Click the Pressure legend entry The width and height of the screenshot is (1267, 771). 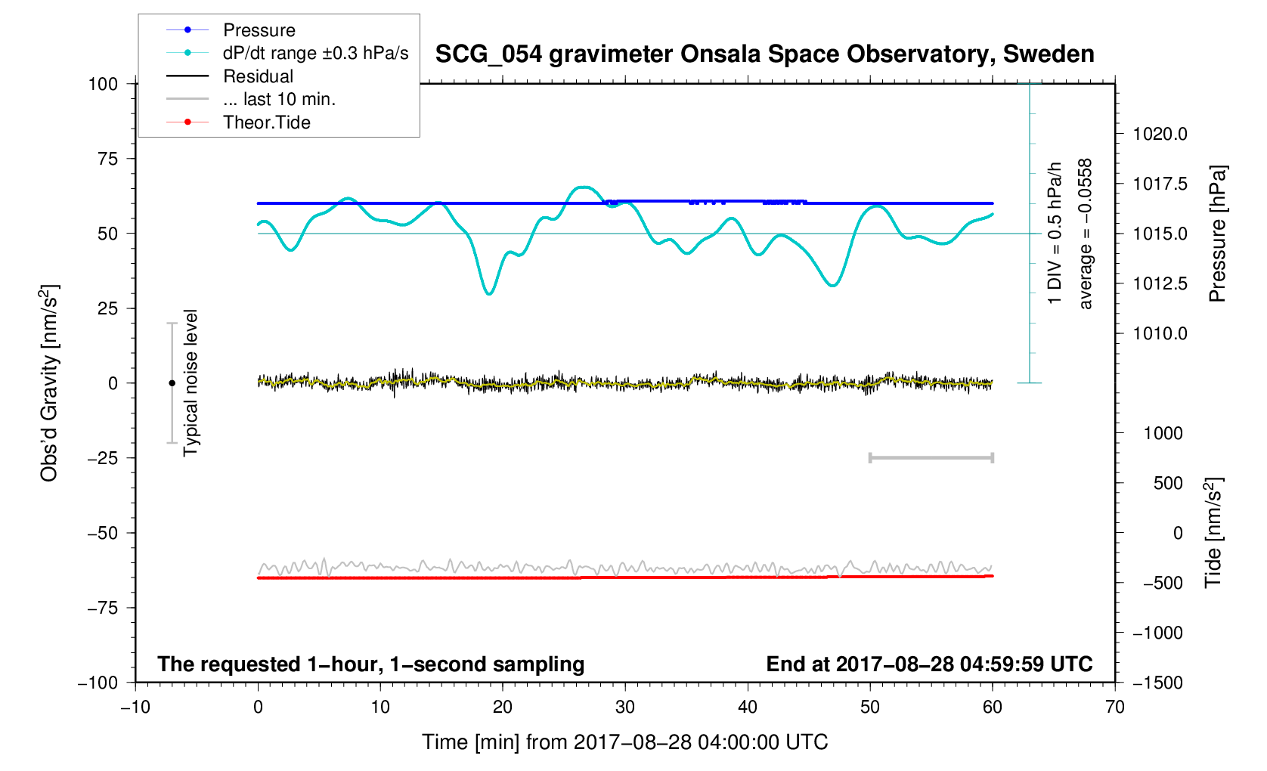coord(259,30)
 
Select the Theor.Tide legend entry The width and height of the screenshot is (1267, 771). coord(266,122)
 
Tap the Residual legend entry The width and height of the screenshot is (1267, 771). coord(258,76)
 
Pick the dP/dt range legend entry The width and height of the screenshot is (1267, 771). coord(315,53)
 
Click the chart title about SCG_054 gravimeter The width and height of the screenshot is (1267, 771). coord(764,54)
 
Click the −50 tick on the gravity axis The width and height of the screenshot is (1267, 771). coord(102,533)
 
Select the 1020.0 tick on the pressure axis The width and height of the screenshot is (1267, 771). coord(1160,135)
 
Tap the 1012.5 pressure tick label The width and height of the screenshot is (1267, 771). coord(1160,284)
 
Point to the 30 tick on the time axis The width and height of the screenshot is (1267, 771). coord(625,708)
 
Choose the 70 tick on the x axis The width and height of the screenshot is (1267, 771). coord(1114,708)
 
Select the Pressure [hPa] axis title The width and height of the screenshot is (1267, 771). coord(1217,234)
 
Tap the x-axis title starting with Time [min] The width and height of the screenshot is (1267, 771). coord(624,742)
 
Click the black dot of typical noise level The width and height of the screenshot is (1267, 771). coord(172,383)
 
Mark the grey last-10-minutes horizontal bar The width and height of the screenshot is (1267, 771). coord(931,458)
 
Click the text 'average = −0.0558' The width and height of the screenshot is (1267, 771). coord(1086,234)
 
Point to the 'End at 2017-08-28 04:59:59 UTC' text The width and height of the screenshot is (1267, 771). coord(929,664)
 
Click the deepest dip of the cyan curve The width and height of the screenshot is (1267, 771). coord(489,293)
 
